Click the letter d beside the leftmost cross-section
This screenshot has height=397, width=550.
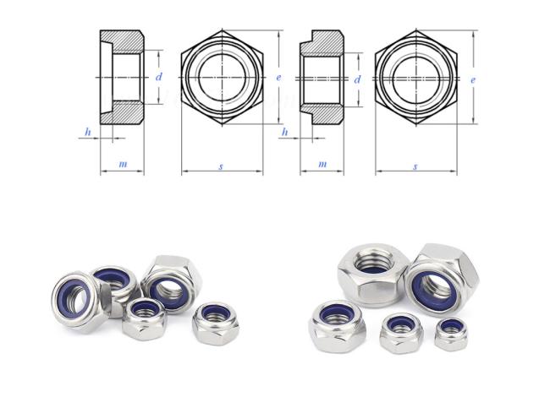(159, 77)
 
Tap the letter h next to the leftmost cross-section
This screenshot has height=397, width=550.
(88, 132)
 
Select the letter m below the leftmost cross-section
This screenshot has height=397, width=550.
(123, 164)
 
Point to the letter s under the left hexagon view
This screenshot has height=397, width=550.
(221, 166)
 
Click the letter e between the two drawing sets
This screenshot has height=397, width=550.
(278, 78)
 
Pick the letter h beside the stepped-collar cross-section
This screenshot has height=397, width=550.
(285, 132)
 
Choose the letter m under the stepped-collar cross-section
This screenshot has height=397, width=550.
(322, 164)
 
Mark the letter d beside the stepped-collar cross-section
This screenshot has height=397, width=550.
(357, 79)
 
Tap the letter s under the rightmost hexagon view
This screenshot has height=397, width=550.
(415, 166)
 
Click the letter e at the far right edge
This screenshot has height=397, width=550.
(473, 79)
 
